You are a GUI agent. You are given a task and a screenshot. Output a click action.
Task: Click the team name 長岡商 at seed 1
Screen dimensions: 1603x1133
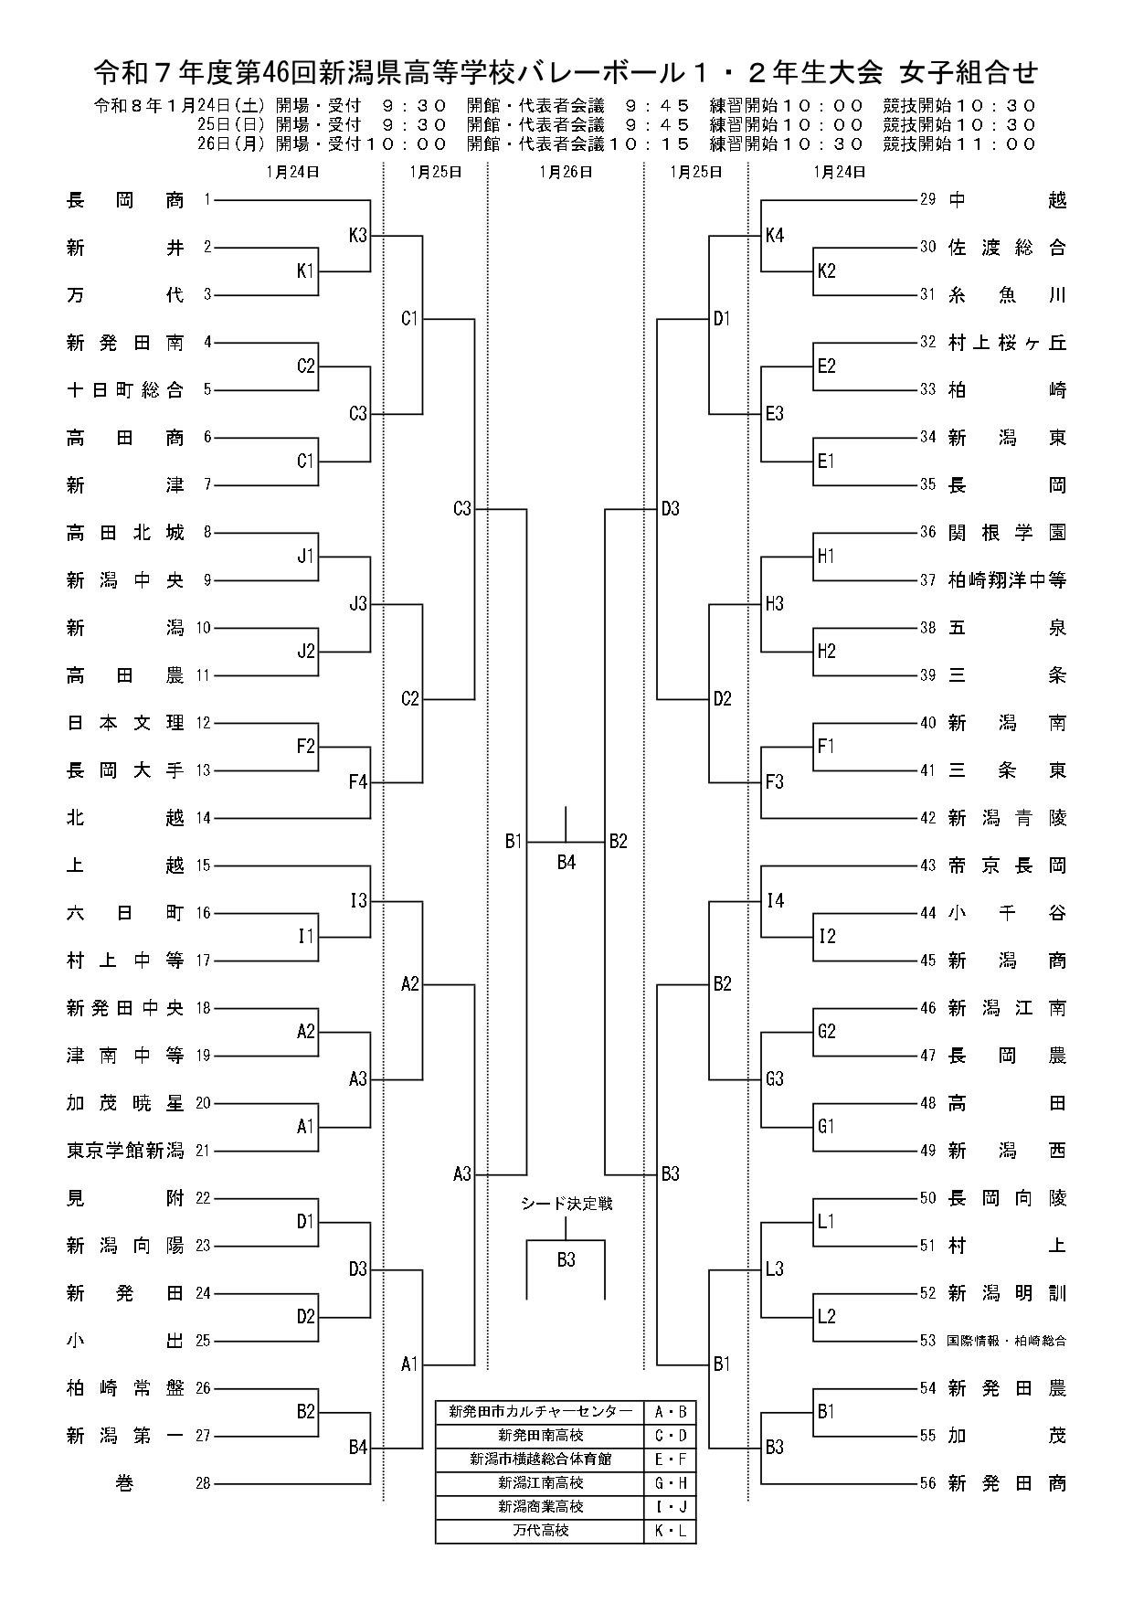tap(125, 200)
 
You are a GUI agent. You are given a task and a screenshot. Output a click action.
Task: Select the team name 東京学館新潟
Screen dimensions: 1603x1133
tap(125, 1151)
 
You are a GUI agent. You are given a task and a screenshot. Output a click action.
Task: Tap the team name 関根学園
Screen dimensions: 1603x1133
tap(1007, 533)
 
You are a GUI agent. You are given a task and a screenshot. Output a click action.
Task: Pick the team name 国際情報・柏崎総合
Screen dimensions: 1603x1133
tap(1007, 1341)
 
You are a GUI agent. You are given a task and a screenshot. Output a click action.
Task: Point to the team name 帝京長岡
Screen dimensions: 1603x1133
tap(1007, 865)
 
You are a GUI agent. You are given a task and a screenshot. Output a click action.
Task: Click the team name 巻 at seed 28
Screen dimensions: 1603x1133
tap(125, 1483)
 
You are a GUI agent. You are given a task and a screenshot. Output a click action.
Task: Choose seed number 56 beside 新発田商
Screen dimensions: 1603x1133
tap(928, 1483)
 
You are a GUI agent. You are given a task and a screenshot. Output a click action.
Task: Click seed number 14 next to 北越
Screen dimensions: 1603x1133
tap(203, 818)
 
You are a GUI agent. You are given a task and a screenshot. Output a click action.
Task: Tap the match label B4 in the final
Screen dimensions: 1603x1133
tap(566, 862)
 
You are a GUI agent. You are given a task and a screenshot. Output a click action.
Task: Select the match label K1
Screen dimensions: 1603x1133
tap(305, 271)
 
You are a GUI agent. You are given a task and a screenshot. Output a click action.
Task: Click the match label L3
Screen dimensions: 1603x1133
tap(775, 1269)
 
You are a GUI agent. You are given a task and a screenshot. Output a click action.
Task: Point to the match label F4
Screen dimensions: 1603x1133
tap(357, 782)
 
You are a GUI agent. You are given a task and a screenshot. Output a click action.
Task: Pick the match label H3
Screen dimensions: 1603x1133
tap(775, 604)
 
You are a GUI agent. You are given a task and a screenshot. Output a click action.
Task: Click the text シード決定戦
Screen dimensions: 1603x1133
tap(566, 1205)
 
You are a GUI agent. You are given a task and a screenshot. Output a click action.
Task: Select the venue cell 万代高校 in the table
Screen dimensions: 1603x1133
tap(540, 1530)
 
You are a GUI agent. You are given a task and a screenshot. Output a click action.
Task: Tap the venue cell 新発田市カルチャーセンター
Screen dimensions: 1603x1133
tap(540, 1412)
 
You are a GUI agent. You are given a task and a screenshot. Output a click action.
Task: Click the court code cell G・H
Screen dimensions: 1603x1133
tap(670, 1482)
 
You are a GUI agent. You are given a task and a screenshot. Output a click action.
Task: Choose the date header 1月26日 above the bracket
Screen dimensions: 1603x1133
tap(566, 171)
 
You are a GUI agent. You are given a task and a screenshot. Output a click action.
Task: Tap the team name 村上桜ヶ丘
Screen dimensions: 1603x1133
tap(1007, 343)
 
